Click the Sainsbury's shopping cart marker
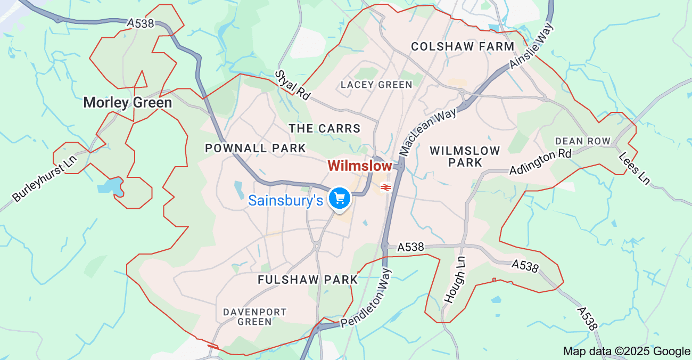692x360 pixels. [x=339, y=199]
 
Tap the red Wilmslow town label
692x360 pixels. [x=360, y=166]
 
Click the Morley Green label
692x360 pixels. [x=128, y=102]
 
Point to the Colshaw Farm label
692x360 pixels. [x=463, y=46]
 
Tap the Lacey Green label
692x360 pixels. [x=376, y=85]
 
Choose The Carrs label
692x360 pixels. [x=324, y=128]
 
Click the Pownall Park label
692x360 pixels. [x=256, y=148]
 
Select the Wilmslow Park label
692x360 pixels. [x=465, y=156]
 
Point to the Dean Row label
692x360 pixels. [x=582, y=141]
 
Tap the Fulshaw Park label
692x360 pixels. [x=308, y=280]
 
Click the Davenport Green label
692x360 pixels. [x=254, y=316]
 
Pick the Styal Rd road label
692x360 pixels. [x=293, y=85]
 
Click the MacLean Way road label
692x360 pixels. [x=428, y=130]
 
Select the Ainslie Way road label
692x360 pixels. [x=532, y=45]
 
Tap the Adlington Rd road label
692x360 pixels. [x=540, y=161]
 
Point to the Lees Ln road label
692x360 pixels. [x=635, y=169]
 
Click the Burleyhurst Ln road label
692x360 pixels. [x=45, y=178]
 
